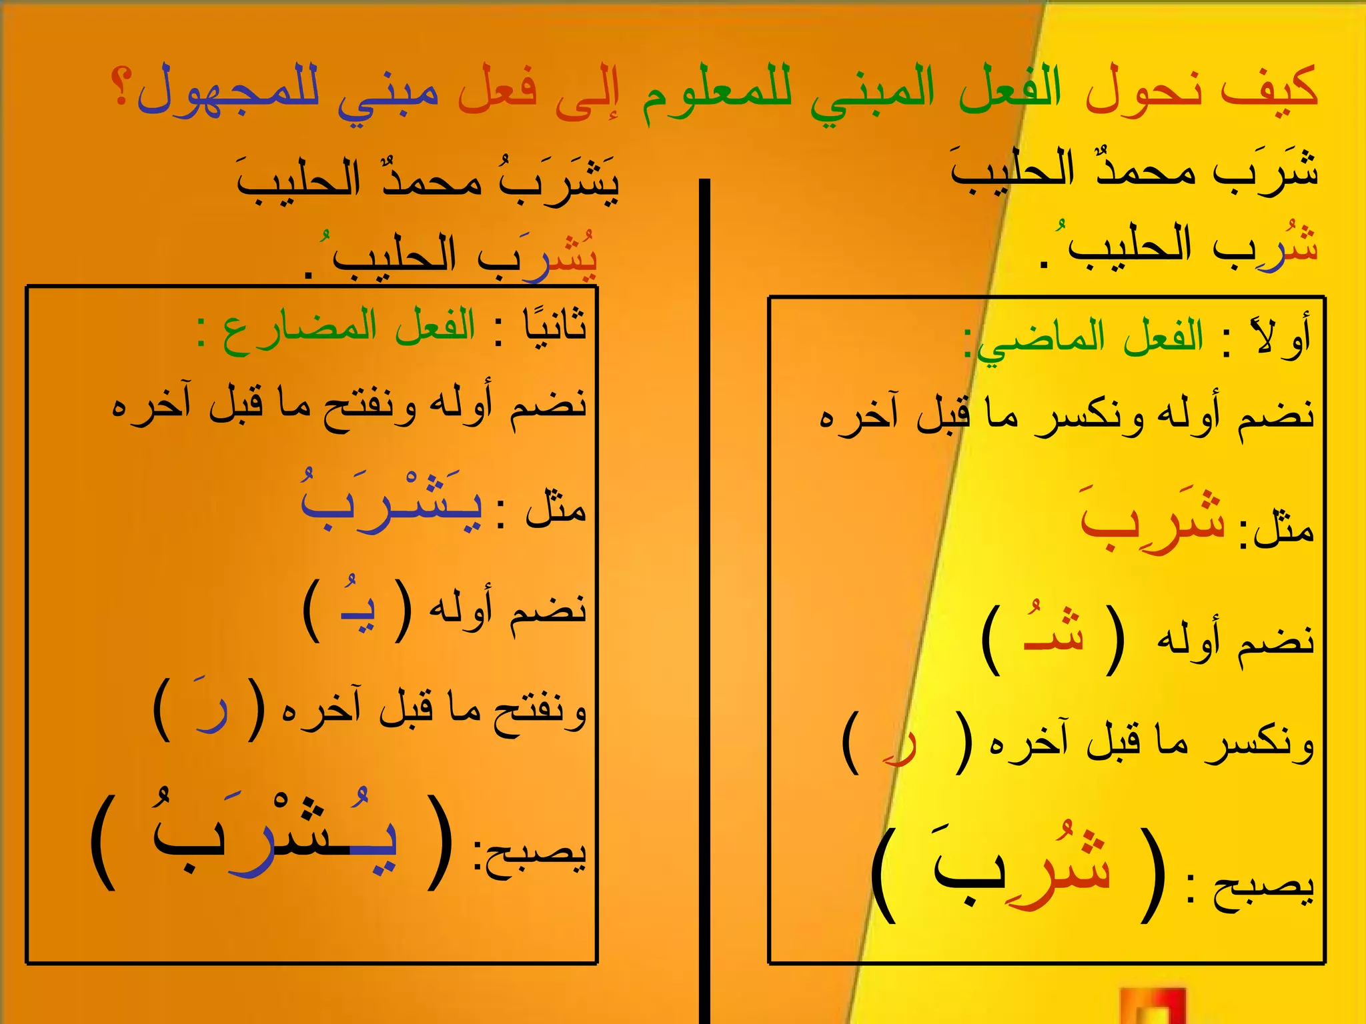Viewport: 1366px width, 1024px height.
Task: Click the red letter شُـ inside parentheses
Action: point(1054,631)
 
